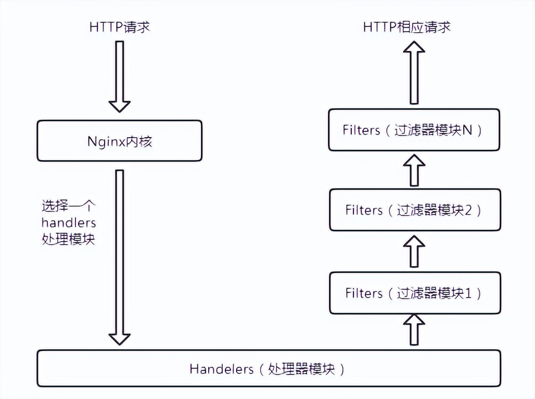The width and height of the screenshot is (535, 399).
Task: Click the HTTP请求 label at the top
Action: [119, 27]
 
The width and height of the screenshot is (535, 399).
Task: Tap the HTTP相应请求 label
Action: [406, 27]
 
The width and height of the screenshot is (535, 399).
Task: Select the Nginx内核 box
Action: [119, 141]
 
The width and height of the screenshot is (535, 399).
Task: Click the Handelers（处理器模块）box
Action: [269, 368]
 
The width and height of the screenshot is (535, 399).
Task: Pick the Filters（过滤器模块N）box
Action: [414, 130]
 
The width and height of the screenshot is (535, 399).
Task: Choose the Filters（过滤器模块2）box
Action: [414, 210]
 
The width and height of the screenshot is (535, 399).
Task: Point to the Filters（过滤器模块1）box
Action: [414, 293]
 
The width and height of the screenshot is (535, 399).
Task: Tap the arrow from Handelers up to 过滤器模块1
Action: [414, 330]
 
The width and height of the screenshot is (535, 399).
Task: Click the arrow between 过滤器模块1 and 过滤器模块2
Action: [414, 250]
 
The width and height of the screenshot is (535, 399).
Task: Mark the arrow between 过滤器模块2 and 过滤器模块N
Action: [414, 169]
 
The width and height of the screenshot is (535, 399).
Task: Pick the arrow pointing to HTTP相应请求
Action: [414, 73]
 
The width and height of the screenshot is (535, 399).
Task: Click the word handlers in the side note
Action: [69, 223]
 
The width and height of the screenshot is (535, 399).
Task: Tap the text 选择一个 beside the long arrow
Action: [68, 206]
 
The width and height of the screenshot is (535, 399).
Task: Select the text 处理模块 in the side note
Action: [68, 240]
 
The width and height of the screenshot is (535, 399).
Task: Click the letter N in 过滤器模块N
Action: [467, 130]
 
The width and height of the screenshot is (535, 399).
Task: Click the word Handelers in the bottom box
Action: [221, 369]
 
